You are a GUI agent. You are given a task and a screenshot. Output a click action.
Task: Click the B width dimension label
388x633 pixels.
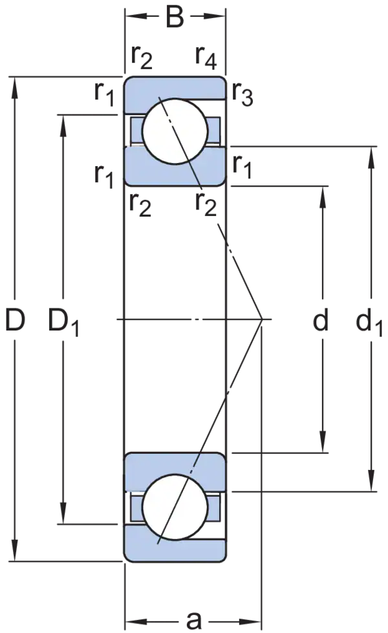(x=175, y=17)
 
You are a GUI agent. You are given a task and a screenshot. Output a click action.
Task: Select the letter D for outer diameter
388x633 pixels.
(x=16, y=319)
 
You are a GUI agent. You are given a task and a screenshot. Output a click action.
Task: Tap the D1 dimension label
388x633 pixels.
(x=64, y=323)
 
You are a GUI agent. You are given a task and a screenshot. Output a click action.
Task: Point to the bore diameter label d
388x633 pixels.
(x=321, y=319)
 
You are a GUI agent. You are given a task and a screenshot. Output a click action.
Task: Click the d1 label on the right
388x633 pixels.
(x=369, y=323)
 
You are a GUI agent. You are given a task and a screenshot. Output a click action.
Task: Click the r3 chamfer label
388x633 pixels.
(x=242, y=96)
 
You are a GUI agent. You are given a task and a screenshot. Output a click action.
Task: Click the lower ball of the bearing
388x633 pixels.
(x=175, y=507)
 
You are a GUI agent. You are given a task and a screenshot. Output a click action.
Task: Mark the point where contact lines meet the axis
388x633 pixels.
(x=263, y=319)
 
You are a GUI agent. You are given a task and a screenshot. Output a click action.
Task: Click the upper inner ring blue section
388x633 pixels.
(x=175, y=166)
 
